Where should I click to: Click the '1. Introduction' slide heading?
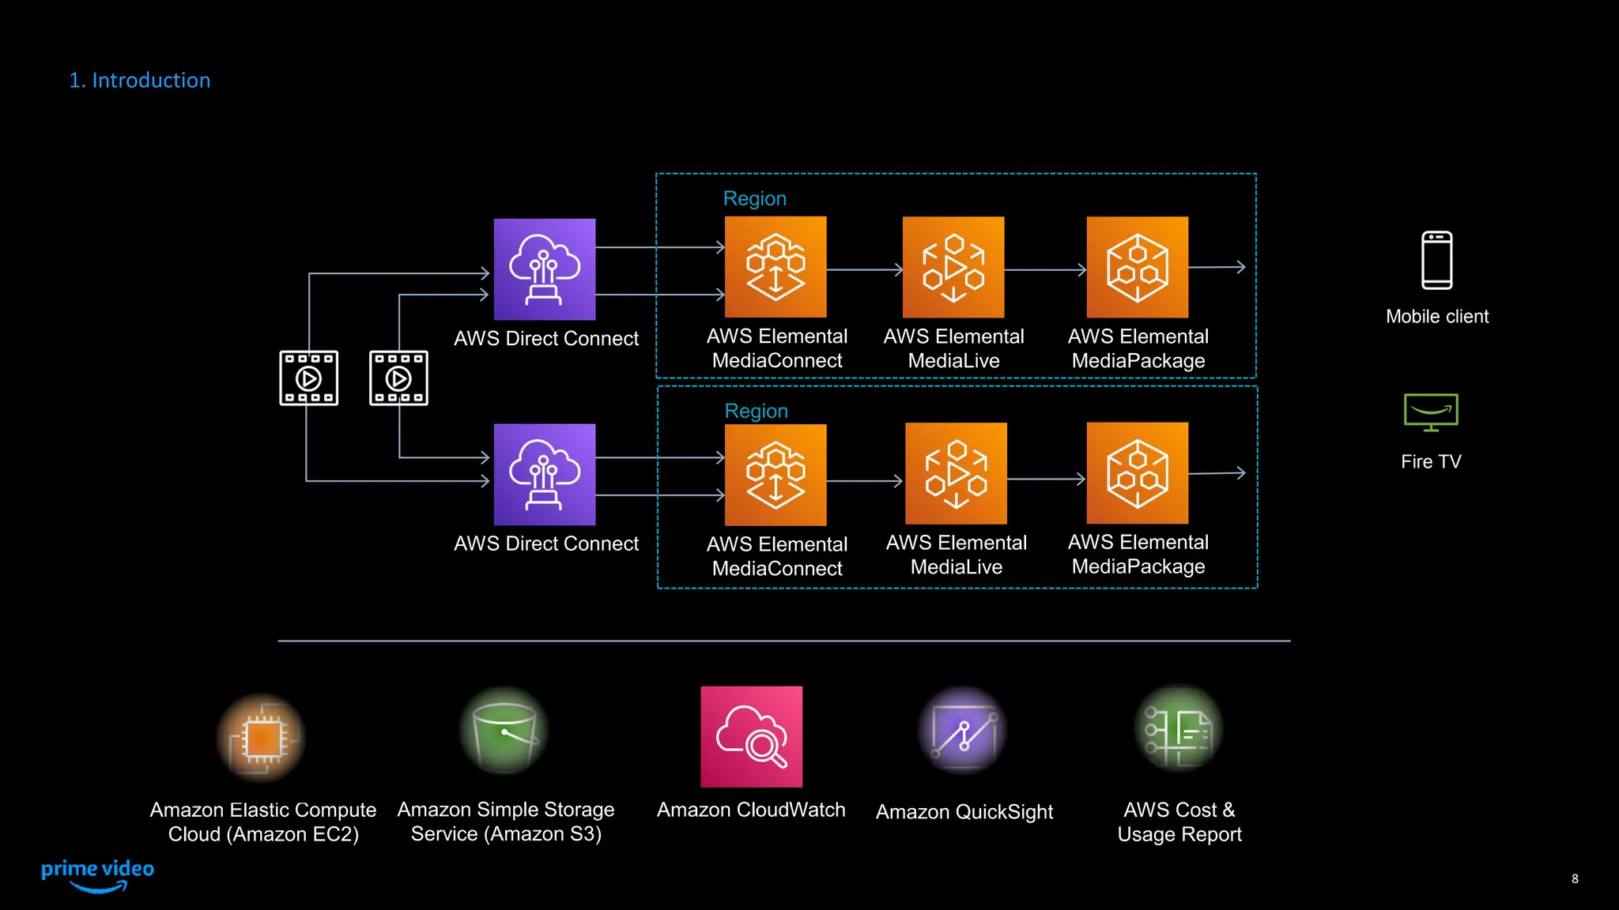tap(140, 81)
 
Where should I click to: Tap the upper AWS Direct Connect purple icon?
tap(545, 269)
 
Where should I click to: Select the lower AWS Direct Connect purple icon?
tap(545, 475)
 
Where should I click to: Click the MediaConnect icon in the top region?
tap(776, 267)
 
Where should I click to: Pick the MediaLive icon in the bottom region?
tap(956, 473)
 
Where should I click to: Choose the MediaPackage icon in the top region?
tap(1137, 267)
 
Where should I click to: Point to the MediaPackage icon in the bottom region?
tap(1137, 473)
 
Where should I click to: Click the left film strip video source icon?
tap(309, 378)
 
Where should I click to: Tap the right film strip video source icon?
tap(398, 378)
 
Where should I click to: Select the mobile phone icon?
tap(1436, 261)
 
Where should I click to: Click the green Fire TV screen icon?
tap(1431, 412)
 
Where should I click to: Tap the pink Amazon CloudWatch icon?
tap(751, 736)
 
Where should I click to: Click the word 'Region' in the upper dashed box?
tap(754, 199)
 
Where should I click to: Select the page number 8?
tap(1575, 878)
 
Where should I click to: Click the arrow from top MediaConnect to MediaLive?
tap(864, 269)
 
